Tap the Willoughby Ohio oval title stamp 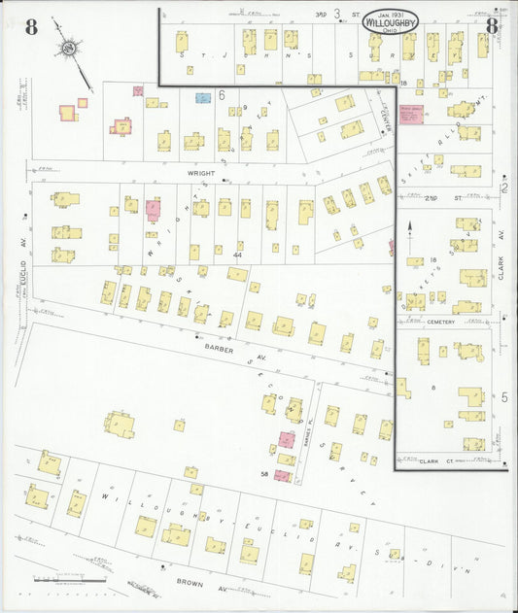[393, 21]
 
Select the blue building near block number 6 [203, 98]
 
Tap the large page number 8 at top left [31, 27]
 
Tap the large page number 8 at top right [492, 26]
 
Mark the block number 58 [264, 473]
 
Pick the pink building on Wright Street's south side [153, 209]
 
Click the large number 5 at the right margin [503, 397]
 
